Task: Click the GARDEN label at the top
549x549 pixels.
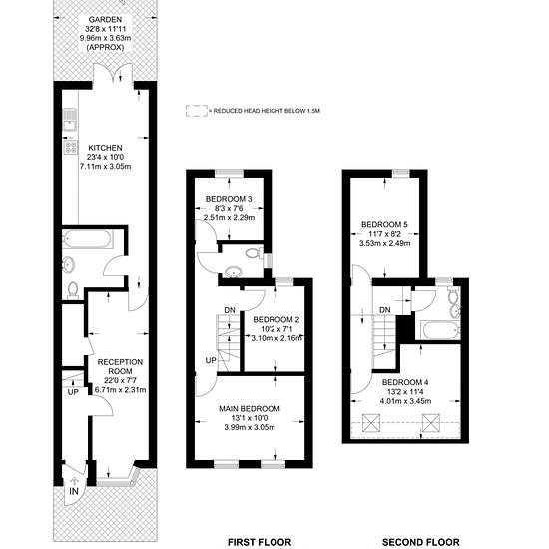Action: [105, 20]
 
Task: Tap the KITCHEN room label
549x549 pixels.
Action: [105, 148]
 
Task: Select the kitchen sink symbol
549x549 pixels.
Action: [70, 119]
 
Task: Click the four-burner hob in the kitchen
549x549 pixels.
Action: [70, 147]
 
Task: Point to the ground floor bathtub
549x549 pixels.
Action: [88, 239]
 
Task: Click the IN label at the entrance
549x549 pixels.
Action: [74, 491]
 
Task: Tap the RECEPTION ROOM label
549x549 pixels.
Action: [120, 366]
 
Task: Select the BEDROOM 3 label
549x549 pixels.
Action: [229, 199]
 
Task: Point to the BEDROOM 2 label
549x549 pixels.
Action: [276, 320]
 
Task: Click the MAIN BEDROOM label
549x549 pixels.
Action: [250, 409]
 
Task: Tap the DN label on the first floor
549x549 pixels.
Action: [230, 310]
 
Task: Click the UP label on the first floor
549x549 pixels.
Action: [211, 360]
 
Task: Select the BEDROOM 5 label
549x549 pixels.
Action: [384, 224]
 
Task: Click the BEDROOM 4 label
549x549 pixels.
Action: [405, 382]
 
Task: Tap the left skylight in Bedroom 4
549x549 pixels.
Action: [371, 423]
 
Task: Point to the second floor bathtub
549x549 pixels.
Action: [437, 329]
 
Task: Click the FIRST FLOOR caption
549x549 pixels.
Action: [260, 542]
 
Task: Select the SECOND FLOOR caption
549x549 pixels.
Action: [421, 542]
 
